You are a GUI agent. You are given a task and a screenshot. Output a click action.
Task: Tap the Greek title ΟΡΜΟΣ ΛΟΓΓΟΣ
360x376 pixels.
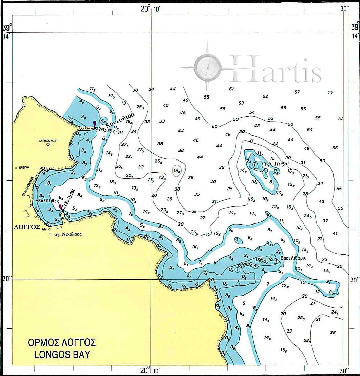(x=61, y=342)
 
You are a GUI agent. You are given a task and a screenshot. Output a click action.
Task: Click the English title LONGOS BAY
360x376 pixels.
(x=62, y=354)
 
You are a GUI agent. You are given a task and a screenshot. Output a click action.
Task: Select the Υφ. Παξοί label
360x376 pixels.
(x=277, y=163)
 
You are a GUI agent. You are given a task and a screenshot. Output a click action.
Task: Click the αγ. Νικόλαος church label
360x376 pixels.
(x=68, y=234)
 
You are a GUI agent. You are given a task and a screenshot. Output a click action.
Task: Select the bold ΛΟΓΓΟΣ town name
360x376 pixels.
(x=26, y=226)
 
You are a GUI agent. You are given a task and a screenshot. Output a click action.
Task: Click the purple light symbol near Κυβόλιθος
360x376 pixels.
(x=61, y=207)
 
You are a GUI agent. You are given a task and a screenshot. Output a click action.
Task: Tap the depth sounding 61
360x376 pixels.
(x=232, y=89)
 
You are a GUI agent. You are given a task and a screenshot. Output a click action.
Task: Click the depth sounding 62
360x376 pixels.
(x=265, y=96)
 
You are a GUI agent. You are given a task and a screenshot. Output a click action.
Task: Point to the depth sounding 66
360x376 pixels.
(x=335, y=148)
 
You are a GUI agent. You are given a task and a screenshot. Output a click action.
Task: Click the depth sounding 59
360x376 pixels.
(x=241, y=103)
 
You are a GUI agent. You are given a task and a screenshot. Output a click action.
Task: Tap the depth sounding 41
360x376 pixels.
(x=335, y=233)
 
